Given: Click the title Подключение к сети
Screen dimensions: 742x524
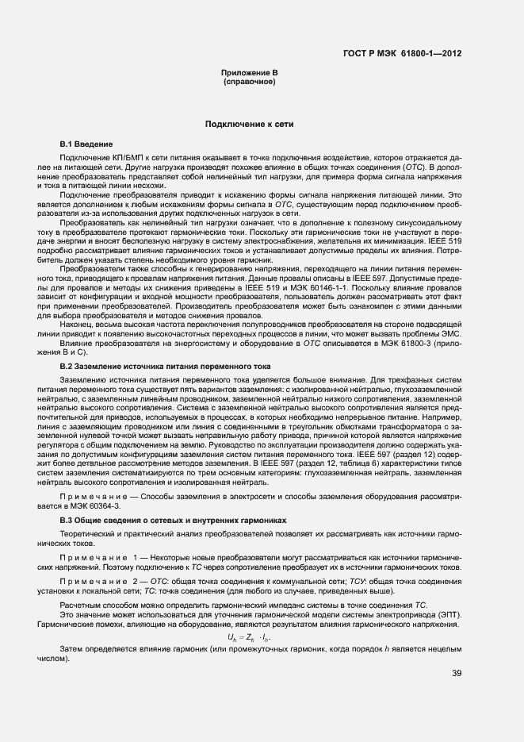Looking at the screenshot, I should click(249, 125).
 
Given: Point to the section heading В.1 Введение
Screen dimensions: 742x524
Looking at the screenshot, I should click(86, 144).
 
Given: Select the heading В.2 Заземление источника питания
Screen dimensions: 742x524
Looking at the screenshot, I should click(165, 367).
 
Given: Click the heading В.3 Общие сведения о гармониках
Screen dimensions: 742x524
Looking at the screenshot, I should click(172, 520).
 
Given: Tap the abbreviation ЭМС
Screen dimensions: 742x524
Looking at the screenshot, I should click(449, 334).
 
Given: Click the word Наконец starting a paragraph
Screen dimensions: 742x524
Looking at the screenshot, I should click(77, 325).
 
